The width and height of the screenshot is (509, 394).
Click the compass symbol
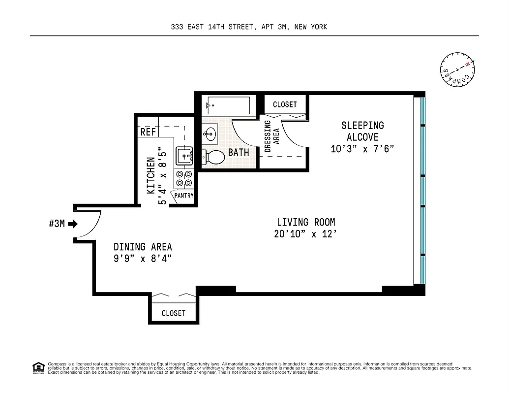point(458,68)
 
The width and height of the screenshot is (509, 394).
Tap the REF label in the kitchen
point(148,132)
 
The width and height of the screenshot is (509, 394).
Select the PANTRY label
point(183,196)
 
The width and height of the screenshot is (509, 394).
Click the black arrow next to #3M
point(73,224)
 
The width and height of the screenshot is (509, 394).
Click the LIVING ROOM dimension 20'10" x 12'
point(305,234)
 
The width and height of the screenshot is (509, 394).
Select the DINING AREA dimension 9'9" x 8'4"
point(143,259)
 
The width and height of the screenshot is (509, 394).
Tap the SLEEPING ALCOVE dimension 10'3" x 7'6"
point(362,148)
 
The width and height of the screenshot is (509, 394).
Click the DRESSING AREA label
point(271,136)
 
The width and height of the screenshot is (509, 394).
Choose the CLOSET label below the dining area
point(174,313)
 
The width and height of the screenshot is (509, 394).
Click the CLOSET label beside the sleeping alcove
point(285,104)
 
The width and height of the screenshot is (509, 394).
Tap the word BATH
point(239,153)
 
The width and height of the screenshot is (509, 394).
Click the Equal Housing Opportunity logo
point(38,367)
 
